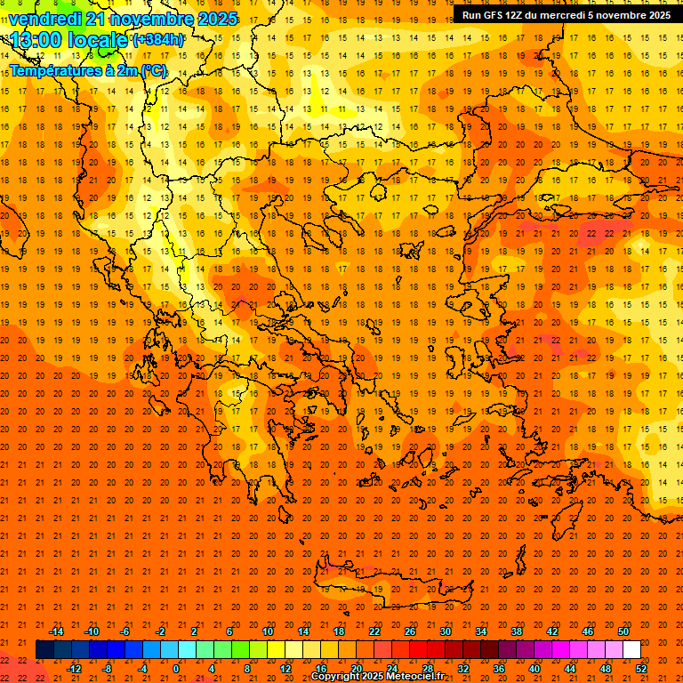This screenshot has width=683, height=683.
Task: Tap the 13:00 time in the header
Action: tap(36, 40)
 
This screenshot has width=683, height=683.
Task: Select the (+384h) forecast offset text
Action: tap(158, 40)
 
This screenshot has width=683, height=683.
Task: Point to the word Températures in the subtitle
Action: tap(51, 69)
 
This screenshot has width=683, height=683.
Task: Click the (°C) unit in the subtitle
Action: tap(153, 69)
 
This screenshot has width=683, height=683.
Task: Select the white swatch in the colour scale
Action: tap(631, 650)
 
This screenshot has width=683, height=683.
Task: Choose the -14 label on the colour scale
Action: tap(56, 631)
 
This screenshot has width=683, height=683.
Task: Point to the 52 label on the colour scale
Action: tap(642, 669)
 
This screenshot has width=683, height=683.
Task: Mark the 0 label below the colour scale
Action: tap(176, 669)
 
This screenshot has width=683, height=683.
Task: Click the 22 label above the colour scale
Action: tap(374, 631)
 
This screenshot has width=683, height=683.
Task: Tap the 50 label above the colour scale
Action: tap(623, 631)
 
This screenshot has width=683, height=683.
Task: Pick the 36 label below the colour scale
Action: tap(499, 669)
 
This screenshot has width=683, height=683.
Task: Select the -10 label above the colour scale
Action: tap(92, 631)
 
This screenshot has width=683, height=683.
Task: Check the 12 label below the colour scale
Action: tap(285, 669)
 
